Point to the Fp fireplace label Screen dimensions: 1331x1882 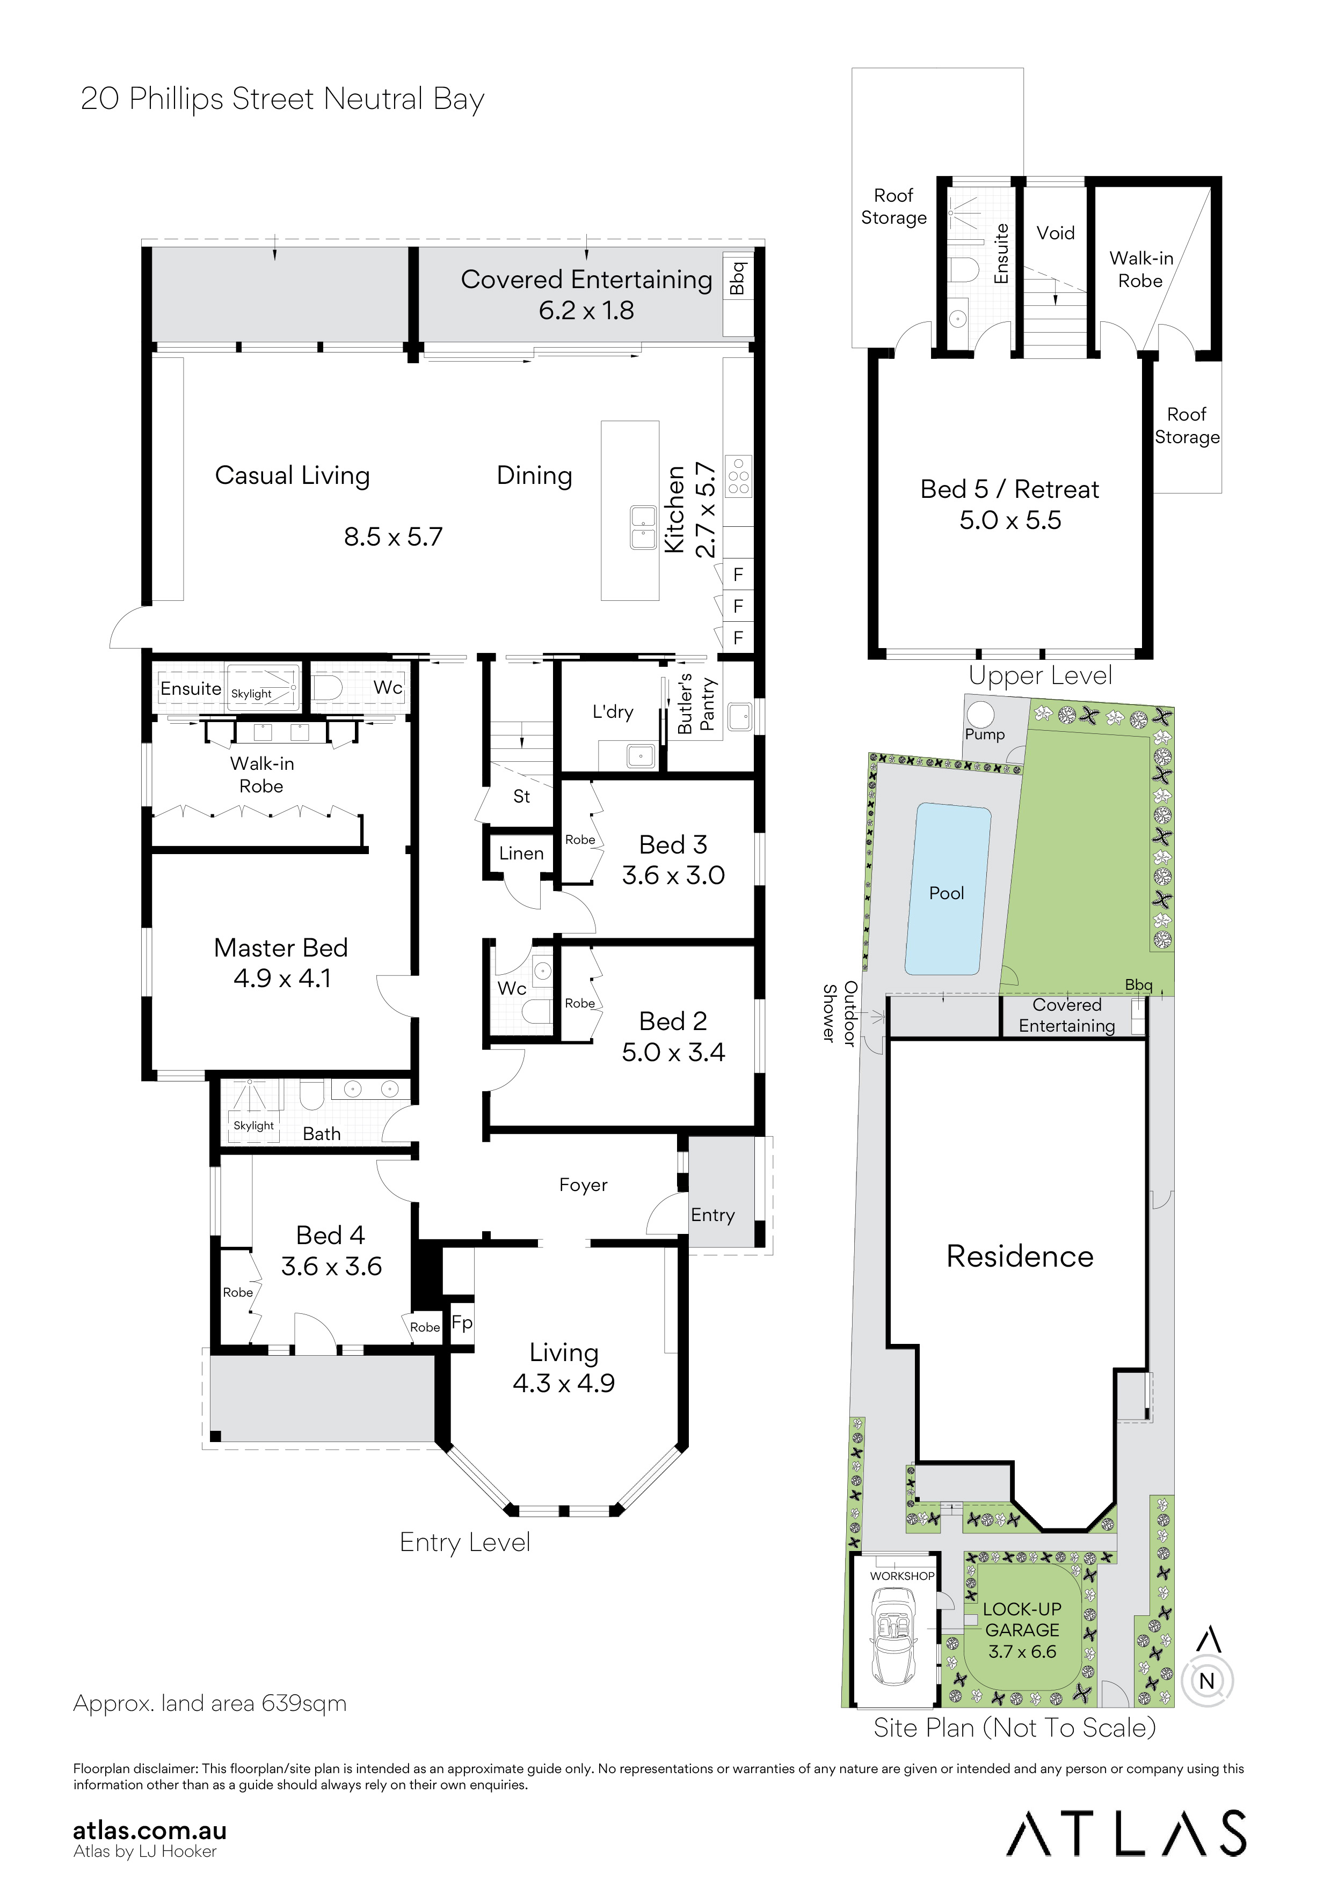pyautogui.click(x=462, y=1323)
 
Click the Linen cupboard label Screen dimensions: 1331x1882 pyautogui.click(x=521, y=854)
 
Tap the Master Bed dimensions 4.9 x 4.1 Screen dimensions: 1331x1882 pyautogui.click(x=282, y=979)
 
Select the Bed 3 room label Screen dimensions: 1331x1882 pyautogui.click(x=673, y=844)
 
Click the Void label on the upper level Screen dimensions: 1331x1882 pyautogui.click(x=1056, y=233)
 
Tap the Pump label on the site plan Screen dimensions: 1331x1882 pyautogui.click(x=984, y=734)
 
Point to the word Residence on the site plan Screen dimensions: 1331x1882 pyautogui.click(x=1020, y=1256)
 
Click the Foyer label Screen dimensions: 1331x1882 pyautogui.click(x=583, y=1185)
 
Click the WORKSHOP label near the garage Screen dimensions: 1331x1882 pyautogui.click(x=902, y=1576)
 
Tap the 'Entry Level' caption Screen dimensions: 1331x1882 pyautogui.click(x=465, y=1542)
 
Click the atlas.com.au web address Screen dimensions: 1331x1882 pyautogui.click(x=150, y=1831)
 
